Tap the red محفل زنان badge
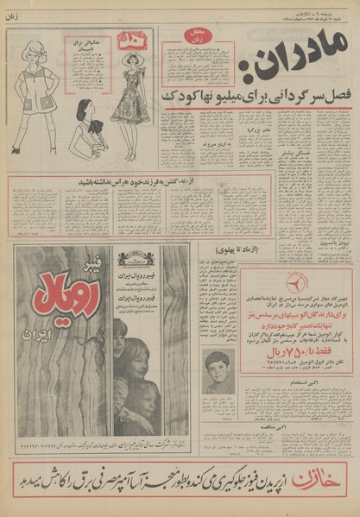[x=198, y=40]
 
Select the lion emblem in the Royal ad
[x=134, y=257]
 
